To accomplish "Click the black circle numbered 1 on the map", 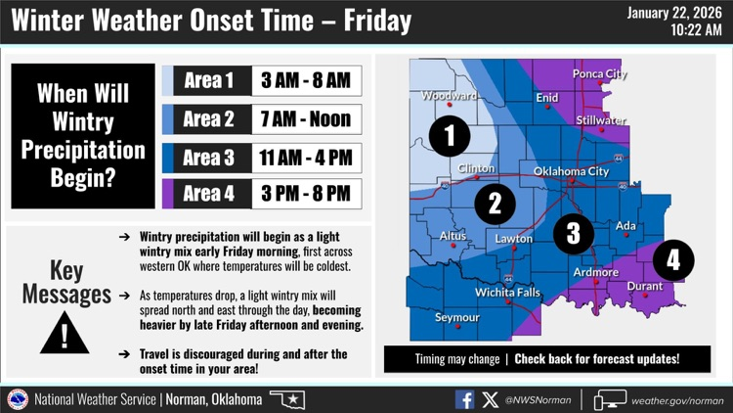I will coord(450,136).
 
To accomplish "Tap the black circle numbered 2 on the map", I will coord(496,204).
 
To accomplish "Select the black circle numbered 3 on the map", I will coord(573,232).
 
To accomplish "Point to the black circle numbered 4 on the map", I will coord(673,260).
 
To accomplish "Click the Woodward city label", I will coord(450,96).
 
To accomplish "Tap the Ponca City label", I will coord(599,74).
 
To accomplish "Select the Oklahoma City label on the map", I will coord(571,172).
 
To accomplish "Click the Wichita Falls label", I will coord(507,293).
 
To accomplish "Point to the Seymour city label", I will coord(457,318).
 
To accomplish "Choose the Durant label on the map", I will coord(644,287).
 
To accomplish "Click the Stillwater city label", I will coord(601,120).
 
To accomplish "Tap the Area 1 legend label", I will coord(208,80).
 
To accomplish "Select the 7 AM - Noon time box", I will coord(306,119).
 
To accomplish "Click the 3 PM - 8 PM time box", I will coord(306,194).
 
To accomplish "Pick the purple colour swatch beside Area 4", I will coord(167,194).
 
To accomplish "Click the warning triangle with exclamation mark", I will coord(65,331).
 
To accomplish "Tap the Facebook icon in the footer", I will coord(464,399).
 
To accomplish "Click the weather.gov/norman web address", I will coord(677,400).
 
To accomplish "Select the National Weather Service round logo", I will coord(18,399).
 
